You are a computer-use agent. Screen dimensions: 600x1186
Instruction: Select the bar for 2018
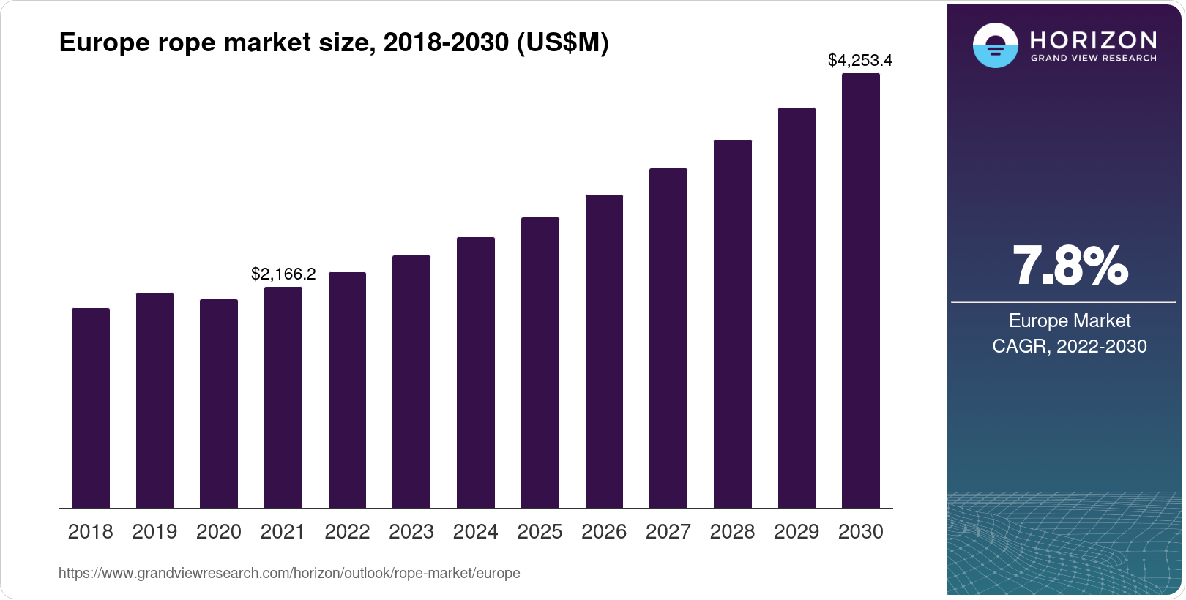(x=91, y=408)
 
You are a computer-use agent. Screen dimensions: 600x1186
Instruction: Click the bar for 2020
(x=219, y=403)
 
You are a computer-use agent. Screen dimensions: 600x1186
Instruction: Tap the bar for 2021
(x=283, y=397)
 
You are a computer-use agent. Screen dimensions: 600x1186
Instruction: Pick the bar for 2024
(x=476, y=372)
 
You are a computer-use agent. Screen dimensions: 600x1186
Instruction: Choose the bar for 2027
(x=668, y=338)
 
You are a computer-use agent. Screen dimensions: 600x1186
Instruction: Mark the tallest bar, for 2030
(x=861, y=290)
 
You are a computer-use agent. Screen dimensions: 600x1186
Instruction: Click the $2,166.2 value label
(x=283, y=274)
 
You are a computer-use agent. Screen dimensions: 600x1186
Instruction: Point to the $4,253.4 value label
(x=860, y=61)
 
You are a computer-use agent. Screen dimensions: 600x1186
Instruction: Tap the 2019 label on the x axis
(x=154, y=532)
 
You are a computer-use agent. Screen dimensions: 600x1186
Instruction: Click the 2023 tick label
(x=411, y=532)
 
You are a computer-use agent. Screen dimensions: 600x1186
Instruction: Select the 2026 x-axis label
(x=604, y=532)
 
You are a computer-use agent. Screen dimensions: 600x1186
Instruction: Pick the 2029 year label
(x=797, y=532)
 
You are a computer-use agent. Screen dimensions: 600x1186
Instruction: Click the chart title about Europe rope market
(x=334, y=43)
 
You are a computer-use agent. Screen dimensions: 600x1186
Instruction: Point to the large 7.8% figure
(x=1070, y=266)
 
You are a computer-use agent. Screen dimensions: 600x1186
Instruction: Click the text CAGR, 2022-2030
(x=1070, y=346)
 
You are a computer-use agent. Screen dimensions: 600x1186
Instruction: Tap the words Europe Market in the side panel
(x=1070, y=320)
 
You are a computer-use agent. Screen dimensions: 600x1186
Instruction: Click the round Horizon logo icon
(x=995, y=46)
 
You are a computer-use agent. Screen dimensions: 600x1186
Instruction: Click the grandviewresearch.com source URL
(x=289, y=574)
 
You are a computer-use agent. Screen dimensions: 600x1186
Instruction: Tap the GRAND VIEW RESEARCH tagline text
(x=1094, y=59)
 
